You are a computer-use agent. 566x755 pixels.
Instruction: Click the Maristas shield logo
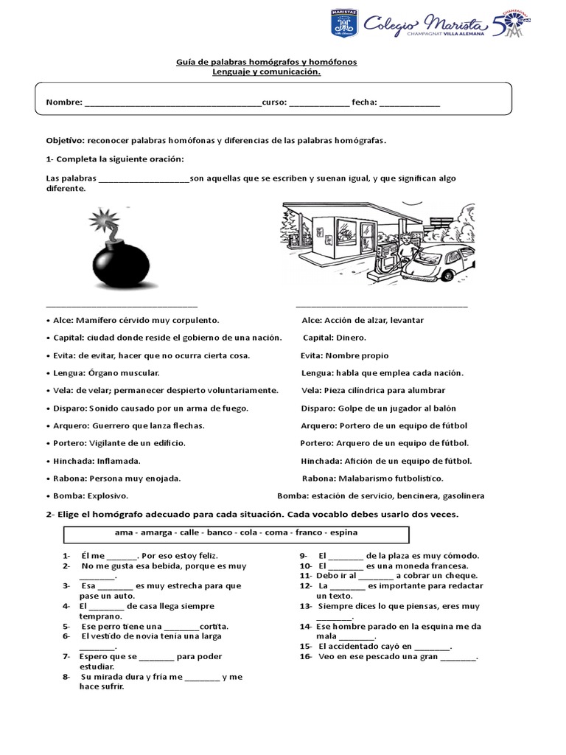pyautogui.click(x=341, y=27)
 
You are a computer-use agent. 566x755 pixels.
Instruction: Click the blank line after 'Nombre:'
pyautogui.click(x=172, y=102)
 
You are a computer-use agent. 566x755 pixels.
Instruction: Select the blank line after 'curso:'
pyautogui.click(x=319, y=102)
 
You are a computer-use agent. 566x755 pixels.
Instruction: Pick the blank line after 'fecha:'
pyautogui.click(x=410, y=102)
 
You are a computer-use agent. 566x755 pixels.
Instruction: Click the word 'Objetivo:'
pyautogui.click(x=66, y=140)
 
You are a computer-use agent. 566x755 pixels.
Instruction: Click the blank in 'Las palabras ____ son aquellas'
pyautogui.click(x=143, y=178)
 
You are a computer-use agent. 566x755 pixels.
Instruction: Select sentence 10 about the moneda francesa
pyautogui.click(x=388, y=566)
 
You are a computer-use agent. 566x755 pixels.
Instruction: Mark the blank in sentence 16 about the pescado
pyautogui.click(x=458, y=657)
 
